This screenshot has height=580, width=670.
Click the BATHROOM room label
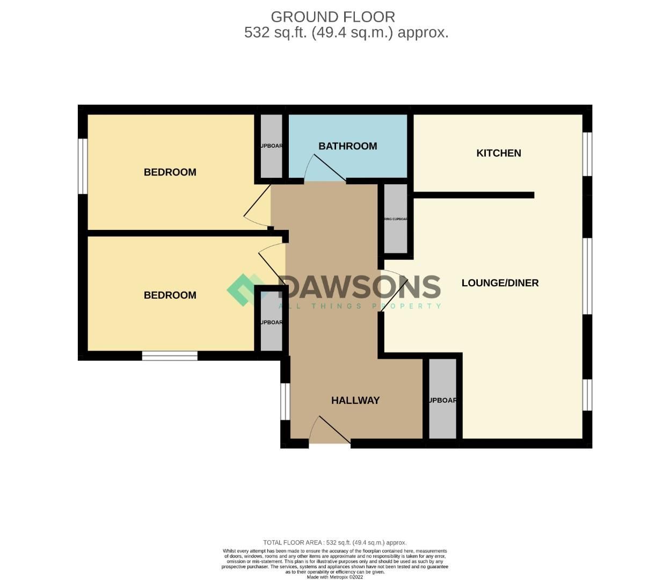[347, 146]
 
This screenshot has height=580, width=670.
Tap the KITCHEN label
[499, 153]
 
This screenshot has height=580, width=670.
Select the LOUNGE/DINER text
[500, 283]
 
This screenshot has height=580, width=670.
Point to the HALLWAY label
[355, 400]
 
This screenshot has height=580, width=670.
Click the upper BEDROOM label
[170, 172]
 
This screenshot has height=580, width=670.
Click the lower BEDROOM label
[170, 295]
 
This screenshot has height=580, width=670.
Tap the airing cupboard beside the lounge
[396, 219]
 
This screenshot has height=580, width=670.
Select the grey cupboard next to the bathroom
[271, 146]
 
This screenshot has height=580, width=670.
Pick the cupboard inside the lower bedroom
[271, 322]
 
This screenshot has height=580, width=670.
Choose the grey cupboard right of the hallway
[442, 400]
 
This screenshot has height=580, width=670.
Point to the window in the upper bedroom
[83, 166]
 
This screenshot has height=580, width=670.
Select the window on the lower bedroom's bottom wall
[170, 356]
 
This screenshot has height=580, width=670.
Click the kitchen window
[587, 154]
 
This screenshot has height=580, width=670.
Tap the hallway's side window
[285, 401]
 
